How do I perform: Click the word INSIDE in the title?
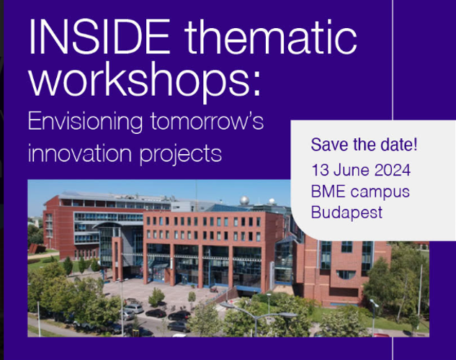(99, 36)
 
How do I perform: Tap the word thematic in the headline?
(270, 36)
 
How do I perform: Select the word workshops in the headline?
(139, 79)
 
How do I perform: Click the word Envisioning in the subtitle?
(85, 122)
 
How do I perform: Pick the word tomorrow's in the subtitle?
(207, 121)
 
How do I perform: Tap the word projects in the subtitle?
(181, 155)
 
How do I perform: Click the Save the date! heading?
(364, 145)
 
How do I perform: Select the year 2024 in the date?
(393, 170)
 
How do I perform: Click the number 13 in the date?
(320, 170)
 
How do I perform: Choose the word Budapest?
(347, 212)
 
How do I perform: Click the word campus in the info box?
(380, 193)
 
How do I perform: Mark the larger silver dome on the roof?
(245, 200)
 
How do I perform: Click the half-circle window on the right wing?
(346, 274)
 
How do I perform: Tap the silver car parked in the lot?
(134, 308)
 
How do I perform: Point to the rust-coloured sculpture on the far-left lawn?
(37, 248)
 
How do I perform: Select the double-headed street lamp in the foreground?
(256, 318)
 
